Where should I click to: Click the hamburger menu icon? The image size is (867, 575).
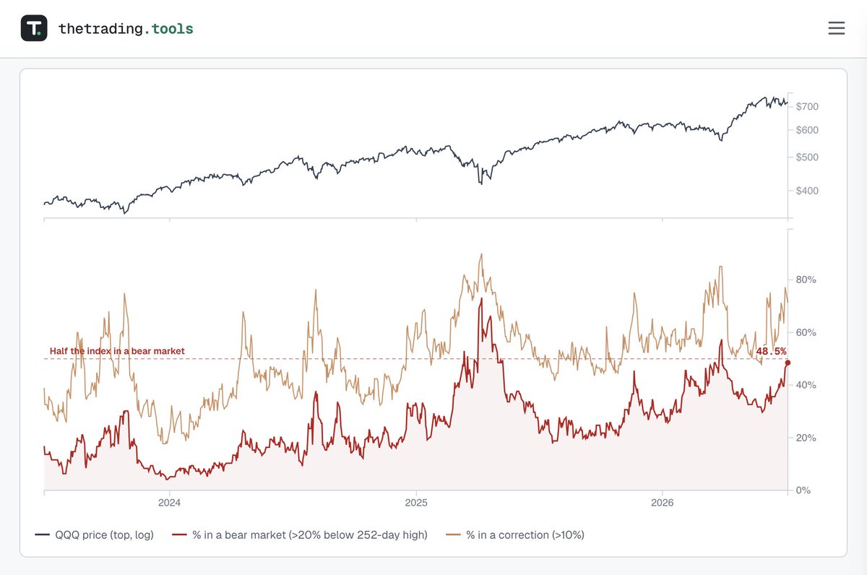pyautogui.click(x=837, y=28)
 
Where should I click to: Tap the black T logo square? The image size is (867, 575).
pyautogui.click(x=34, y=28)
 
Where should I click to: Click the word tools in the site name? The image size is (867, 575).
pyautogui.click(x=172, y=29)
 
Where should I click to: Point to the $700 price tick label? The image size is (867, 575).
pyautogui.click(x=807, y=106)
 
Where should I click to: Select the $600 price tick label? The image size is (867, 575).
pyautogui.click(x=807, y=130)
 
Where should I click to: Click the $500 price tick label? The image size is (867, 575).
pyautogui.click(x=807, y=157)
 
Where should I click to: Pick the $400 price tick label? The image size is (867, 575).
pyautogui.click(x=807, y=191)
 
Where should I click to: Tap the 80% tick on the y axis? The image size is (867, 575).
pyautogui.click(x=806, y=280)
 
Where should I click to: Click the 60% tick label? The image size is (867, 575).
pyautogui.click(x=806, y=332)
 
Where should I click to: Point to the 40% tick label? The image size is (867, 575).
pyautogui.click(x=806, y=385)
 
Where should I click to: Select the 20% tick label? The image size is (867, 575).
pyautogui.click(x=806, y=438)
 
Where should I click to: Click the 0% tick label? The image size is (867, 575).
pyautogui.click(x=803, y=490)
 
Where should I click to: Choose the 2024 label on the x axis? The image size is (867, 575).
pyautogui.click(x=169, y=503)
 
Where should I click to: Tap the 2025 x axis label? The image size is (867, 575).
pyautogui.click(x=416, y=503)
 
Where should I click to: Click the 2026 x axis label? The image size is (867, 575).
pyautogui.click(x=663, y=503)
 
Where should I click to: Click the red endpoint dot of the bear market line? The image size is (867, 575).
pyautogui.click(x=788, y=363)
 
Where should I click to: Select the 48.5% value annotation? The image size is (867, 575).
pyautogui.click(x=771, y=351)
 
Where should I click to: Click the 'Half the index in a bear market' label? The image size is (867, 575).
pyautogui.click(x=117, y=351)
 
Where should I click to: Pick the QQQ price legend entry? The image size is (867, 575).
pyautogui.click(x=94, y=535)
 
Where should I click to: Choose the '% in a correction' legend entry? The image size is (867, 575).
pyautogui.click(x=515, y=535)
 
